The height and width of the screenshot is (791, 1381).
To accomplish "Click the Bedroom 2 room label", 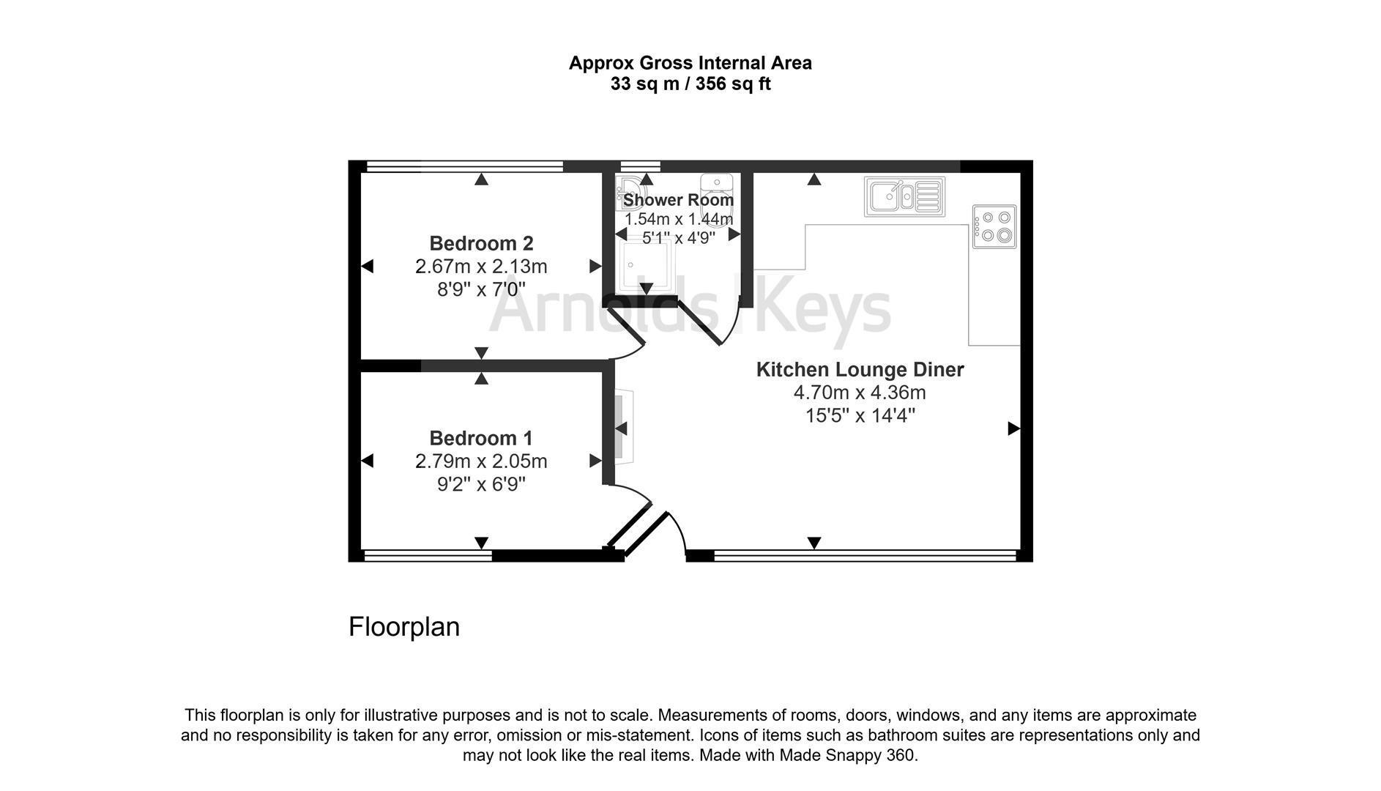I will [481, 243].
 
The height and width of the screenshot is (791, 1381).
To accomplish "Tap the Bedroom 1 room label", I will [481, 438].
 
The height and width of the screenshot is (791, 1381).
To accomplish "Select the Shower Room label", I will [678, 199].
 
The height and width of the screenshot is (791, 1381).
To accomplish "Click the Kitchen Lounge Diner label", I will [860, 369].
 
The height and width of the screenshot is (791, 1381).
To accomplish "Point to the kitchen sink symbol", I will [904, 196].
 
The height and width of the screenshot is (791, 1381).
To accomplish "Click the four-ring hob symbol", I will [994, 226].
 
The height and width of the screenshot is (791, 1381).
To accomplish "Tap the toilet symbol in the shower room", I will [717, 187].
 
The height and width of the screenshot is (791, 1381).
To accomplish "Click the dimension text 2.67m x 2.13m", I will [481, 267].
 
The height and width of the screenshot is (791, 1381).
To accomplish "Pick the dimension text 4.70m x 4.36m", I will [860, 393].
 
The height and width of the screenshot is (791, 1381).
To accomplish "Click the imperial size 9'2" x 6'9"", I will [481, 485].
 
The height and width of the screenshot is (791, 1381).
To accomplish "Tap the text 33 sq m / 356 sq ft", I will [690, 84].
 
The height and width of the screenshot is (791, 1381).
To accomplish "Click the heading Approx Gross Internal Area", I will [690, 63].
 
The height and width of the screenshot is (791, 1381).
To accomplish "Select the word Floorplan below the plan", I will [403, 627].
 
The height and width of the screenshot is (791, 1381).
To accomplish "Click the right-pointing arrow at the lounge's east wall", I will [1013, 428].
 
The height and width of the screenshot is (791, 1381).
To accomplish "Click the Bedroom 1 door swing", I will [631, 495].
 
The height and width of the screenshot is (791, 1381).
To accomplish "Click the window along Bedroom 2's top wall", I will [464, 166].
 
